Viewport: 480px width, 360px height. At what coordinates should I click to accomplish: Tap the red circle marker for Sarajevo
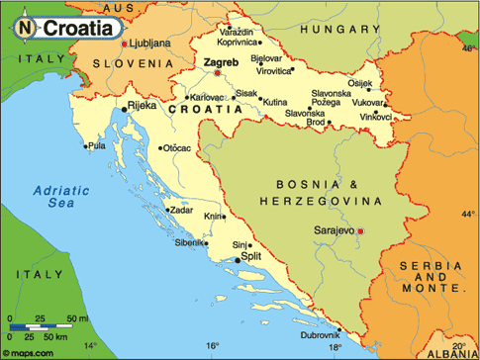(361, 231)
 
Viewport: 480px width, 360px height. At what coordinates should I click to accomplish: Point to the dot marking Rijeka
(124, 110)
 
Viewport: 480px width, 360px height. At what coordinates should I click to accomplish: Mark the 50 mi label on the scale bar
(77, 318)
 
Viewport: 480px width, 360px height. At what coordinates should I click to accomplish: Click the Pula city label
(96, 146)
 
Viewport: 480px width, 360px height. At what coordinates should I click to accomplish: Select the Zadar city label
(181, 210)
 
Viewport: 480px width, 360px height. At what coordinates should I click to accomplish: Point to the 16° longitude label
(213, 346)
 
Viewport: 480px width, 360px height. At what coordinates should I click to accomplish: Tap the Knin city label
(213, 216)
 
